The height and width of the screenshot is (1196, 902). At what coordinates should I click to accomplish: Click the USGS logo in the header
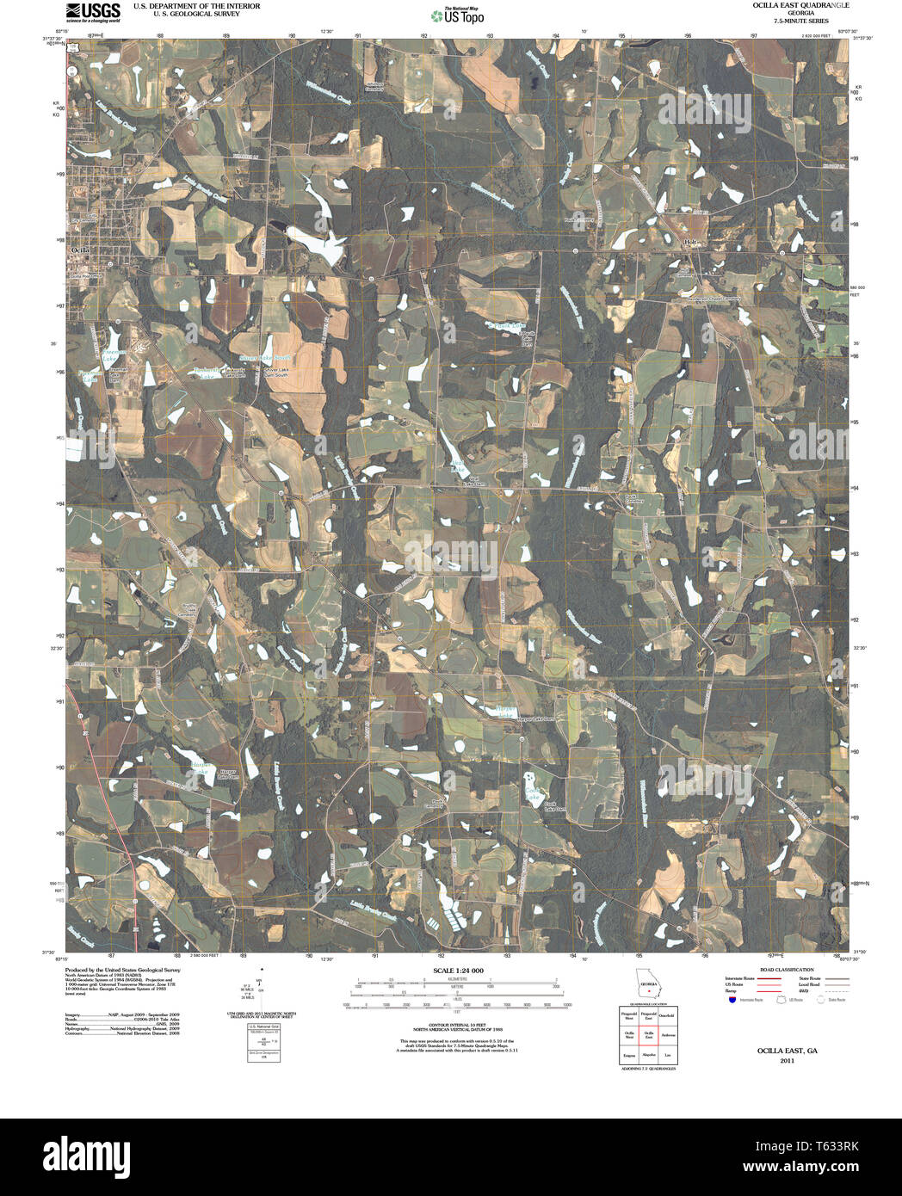pyautogui.click(x=93, y=10)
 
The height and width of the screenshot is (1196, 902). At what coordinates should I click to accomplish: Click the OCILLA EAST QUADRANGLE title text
pyautogui.click(x=788, y=5)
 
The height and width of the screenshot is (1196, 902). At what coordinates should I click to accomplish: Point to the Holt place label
pyautogui.click(x=689, y=244)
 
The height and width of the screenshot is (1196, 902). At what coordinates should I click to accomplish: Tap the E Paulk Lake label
pyautogui.click(x=506, y=326)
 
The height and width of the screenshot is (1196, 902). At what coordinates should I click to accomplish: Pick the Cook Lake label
pyautogui.click(x=533, y=794)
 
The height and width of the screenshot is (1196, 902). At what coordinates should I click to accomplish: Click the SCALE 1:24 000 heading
pyautogui.click(x=458, y=971)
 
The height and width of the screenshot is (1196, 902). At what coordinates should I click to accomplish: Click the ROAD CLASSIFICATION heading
pyautogui.click(x=781, y=970)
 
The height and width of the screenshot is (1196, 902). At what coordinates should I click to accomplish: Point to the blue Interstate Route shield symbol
pyautogui.click(x=732, y=1000)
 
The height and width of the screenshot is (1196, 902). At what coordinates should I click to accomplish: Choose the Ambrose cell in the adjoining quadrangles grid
pyautogui.click(x=669, y=1035)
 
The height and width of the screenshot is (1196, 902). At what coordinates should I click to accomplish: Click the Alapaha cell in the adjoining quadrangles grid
pyautogui.click(x=649, y=1054)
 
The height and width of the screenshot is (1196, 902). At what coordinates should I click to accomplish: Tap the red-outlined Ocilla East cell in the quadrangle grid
pyautogui.click(x=649, y=1035)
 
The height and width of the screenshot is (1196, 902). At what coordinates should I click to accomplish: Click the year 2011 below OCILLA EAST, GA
pyautogui.click(x=787, y=1061)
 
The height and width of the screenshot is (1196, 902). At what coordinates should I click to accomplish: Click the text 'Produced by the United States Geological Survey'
pyautogui.click(x=122, y=970)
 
